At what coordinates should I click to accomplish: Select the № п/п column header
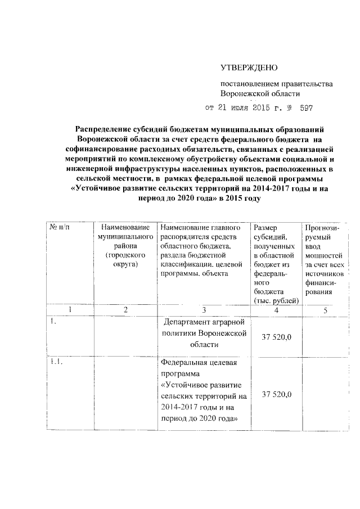tap(60, 227)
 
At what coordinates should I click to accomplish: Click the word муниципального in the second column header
tap(125, 237)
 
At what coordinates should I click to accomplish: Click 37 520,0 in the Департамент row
tap(276, 336)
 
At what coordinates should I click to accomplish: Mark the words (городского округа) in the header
tap(125, 259)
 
